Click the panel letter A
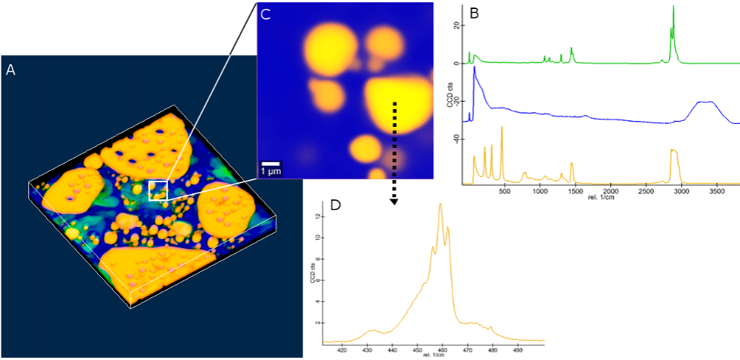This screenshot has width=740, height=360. [x=10, y=69]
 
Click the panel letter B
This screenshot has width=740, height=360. [x=473, y=13]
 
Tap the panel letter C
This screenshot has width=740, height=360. [x=266, y=13]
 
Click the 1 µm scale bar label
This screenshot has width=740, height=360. [x=270, y=171]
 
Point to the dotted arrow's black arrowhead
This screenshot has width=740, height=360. [x=394, y=200]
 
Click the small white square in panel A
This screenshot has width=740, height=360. [x=158, y=190]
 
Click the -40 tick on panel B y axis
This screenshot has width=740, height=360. [x=455, y=139]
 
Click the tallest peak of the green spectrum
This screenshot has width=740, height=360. [x=674, y=7]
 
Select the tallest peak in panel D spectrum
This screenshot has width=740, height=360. [x=441, y=204]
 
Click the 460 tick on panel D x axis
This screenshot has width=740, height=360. [x=442, y=349]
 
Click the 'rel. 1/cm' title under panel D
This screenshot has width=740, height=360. [x=432, y=355]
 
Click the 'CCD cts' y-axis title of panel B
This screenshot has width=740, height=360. [x=450, y=97]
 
